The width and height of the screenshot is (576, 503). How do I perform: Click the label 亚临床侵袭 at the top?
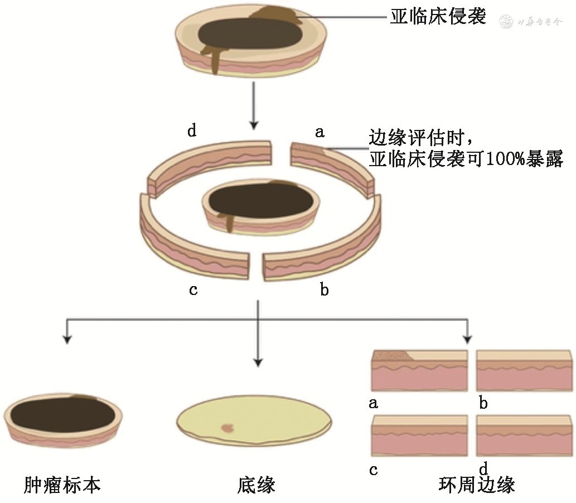(x=438, y=17)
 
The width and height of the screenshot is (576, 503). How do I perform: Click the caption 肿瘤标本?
(x=62, y=485)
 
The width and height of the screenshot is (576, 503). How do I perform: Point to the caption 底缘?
(x=256, y=485)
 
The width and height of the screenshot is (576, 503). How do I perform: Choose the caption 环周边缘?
(x=477, y=485)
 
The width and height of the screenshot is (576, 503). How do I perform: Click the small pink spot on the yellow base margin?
(x=228, y=428)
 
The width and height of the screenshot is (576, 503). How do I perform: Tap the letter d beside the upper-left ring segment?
(x=192, y=132)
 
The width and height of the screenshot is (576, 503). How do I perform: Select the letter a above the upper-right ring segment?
(x=320, y=132)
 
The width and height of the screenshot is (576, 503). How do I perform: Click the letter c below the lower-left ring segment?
(x=193, y=291)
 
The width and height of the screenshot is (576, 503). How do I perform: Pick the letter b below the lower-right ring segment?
(x=324, y=291)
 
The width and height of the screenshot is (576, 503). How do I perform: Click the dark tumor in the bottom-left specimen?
(x=62, y=415)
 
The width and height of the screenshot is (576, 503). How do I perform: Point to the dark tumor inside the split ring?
(x=260, y=200)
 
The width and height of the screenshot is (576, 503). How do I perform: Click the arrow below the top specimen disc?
(x=254, y=103)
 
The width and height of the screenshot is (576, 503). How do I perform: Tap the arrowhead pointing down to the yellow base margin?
(x=258, y=361)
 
